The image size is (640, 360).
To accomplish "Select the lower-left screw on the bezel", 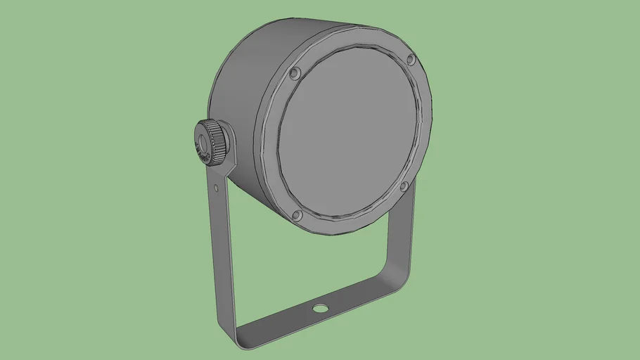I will click(297, 215).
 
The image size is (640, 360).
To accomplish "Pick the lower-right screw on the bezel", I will click(404, 187).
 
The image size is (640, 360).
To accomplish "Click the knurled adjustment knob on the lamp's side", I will click(214, 141).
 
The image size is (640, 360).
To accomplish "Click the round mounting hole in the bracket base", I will click(320, 308).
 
